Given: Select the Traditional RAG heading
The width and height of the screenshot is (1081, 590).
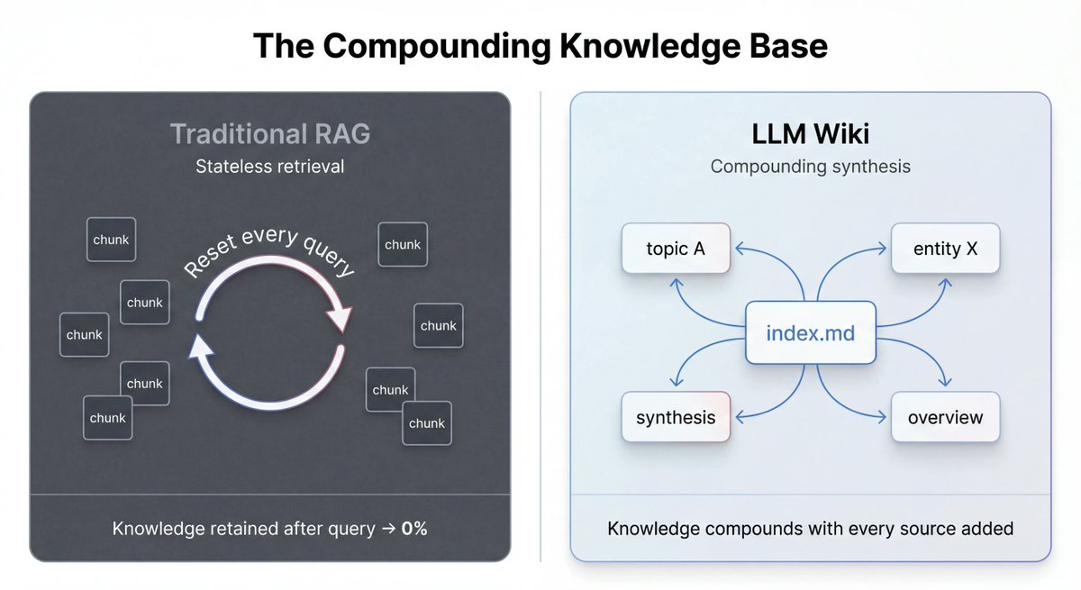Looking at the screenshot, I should coord(270,134).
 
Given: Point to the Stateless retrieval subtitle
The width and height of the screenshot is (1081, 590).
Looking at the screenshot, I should coord(270,167).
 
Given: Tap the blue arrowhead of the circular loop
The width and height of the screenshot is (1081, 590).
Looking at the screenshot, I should coord(200,347).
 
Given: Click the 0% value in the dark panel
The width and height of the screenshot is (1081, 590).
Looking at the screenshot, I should coord(414,529).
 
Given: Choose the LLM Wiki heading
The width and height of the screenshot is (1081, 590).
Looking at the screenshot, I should coord(811,134).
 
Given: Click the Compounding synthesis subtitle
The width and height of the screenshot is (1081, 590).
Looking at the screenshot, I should coord(811,167).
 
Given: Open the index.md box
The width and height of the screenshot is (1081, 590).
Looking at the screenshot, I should coord(811,333).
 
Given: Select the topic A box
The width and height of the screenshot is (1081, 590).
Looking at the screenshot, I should coord(676,249).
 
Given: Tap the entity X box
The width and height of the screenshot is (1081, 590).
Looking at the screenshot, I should coord(946,249).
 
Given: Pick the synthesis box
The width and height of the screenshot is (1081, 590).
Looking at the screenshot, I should coord(676,417).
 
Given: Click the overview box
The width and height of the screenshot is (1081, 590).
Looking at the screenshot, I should coord(946,417).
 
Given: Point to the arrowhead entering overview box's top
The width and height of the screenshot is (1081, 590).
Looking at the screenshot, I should coord(945,384).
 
